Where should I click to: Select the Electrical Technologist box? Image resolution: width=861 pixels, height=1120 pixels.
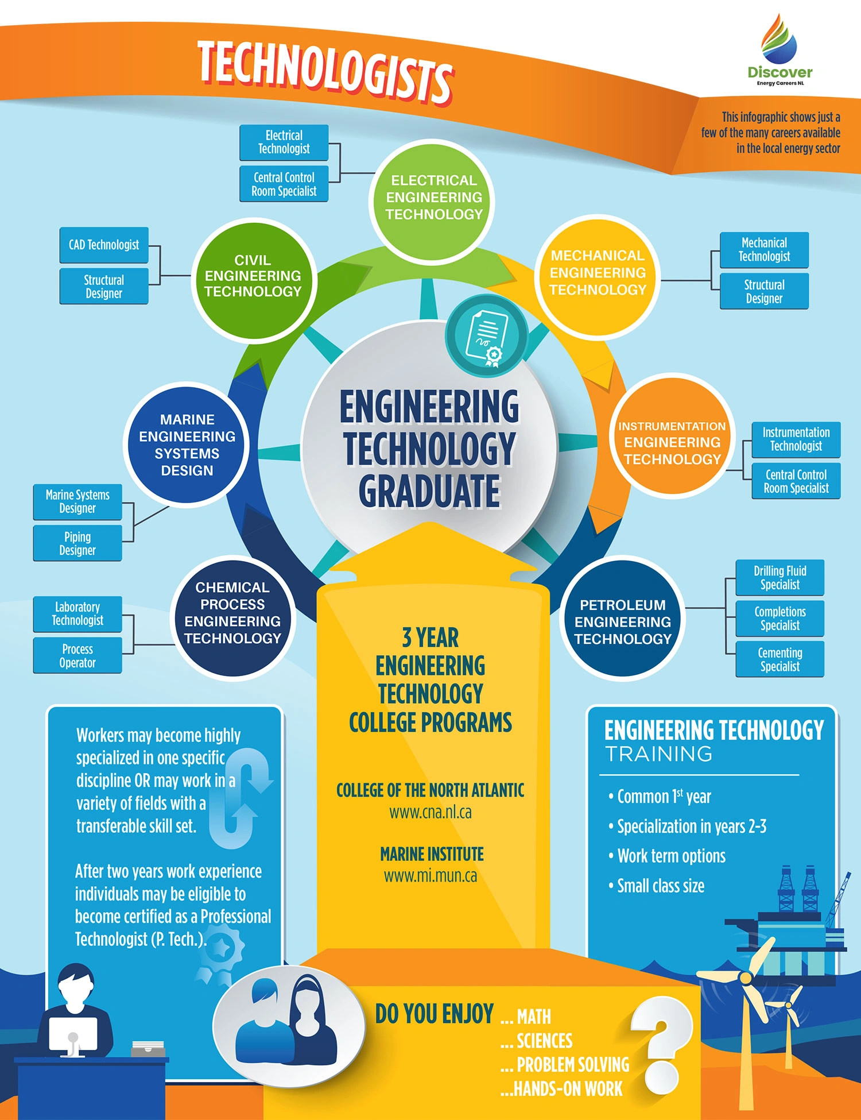click(284, 142)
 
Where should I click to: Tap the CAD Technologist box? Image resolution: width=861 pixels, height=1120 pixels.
click(104, 245)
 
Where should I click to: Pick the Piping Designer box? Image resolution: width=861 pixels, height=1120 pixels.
click(77, 543)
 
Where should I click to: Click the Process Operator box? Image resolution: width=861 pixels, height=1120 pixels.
click(77, 655)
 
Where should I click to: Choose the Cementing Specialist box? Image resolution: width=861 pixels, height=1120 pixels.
click(779, 659)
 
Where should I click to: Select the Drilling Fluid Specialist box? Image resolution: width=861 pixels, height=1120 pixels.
click(779, 577)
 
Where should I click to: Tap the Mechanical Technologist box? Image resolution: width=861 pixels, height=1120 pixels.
click(764, 250)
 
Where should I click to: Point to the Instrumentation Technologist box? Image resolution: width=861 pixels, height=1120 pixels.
click(796, 439)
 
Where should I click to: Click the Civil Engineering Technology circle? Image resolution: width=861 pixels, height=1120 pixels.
click(253, 276)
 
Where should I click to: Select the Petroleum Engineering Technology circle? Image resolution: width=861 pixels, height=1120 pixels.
click(623, 621)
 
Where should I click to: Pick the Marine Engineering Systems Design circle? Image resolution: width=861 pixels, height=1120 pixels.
click(187, 445)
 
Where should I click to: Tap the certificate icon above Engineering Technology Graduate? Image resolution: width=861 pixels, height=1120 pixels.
click(487, 336)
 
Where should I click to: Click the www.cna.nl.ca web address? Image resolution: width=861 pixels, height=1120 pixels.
click(430, 813)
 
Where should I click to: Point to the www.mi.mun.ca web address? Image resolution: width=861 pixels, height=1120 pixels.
click(430, 876)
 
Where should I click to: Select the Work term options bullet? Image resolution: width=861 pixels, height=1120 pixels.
click(671, 856)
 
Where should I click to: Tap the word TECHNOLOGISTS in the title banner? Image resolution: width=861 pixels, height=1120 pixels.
click(325, 72)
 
